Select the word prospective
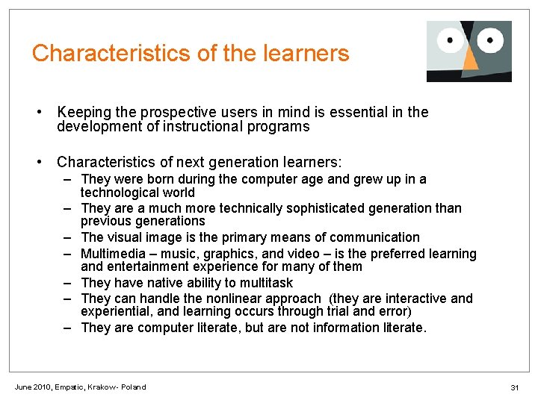pos(173,113)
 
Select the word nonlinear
pos(225,299)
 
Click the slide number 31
pos(514,387)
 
